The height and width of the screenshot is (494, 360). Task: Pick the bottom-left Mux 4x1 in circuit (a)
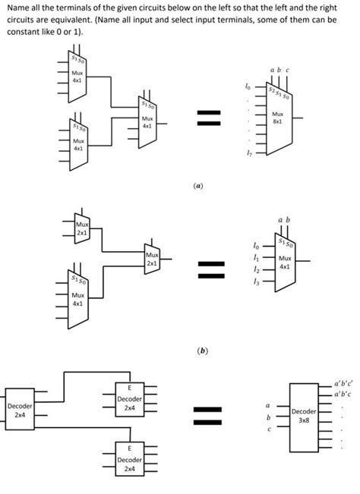tap(78, 143)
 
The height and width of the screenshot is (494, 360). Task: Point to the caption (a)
tap(197, 184)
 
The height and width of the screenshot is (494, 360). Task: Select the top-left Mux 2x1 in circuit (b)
tap(81, 228)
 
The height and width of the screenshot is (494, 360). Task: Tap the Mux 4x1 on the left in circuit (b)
tap(78, 295)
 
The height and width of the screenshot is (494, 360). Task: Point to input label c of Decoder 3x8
tap(267, 429)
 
